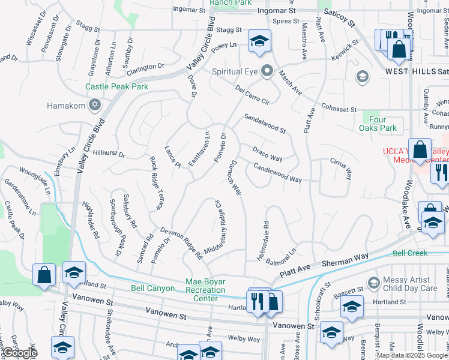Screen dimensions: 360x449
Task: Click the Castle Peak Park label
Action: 116,86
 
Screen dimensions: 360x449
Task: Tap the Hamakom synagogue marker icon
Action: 94,106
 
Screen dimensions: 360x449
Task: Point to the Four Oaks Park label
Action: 378,124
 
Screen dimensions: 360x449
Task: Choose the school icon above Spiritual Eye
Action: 259,41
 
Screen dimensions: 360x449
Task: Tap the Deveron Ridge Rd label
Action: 181,243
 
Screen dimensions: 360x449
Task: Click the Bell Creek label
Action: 410,254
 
